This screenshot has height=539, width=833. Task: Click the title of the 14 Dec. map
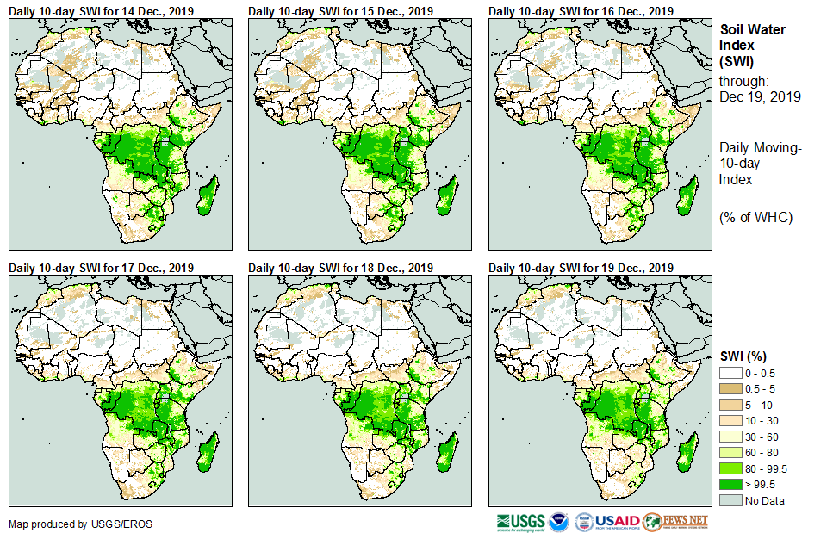pyautogui.click(x=101, y=10)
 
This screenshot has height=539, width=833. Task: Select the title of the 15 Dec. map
pyautogui.click(x=340, y=10)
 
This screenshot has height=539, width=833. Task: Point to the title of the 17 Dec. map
pyautogui.click(x=101, y=268)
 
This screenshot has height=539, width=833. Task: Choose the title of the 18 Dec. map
pyautogui.click(x=340, y=268)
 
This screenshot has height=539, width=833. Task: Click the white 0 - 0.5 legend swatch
pyautogui.click(x=730, y=372)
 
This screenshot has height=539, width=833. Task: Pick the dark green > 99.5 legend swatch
pyautogui.click(x=730, y=484)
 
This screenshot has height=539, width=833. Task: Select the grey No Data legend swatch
pyautogui.click(x=730, y=500)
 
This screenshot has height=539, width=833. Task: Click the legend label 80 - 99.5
pyautogui.click(x=767, y=468)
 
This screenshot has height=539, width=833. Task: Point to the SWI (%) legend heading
pyautogui.click(x=743, y=356)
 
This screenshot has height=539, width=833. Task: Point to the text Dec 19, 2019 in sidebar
pyautogui.click(x=760, y=97)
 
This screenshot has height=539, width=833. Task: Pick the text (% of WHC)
pyautogui.click(x=755, y=217)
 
